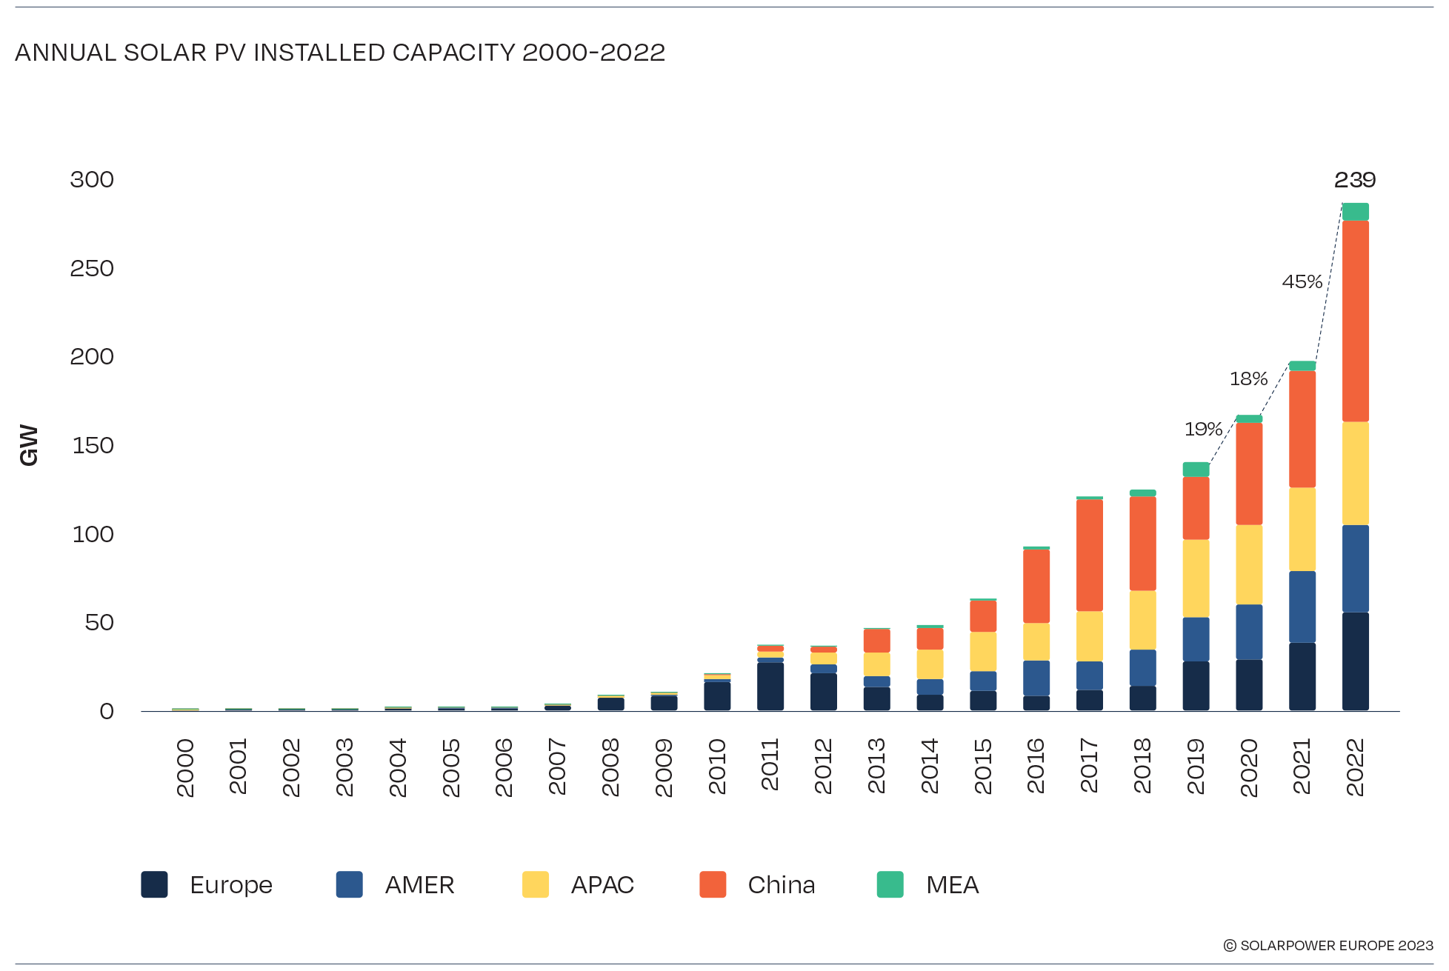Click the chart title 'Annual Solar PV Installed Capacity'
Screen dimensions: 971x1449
[339, 53]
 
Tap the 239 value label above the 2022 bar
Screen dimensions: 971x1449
[1354, 180]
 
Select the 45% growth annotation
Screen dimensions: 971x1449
[1302, 281]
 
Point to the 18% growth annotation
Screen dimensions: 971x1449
[1248, 378]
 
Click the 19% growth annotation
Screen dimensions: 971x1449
[1202, 429]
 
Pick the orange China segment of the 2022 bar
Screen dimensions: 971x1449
[1355, 321]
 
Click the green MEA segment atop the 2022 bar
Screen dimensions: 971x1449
[1355, 212]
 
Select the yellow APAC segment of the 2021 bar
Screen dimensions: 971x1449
[1302, 529]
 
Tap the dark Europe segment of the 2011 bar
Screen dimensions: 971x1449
[770, 686]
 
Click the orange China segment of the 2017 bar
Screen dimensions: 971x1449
[1089, 555]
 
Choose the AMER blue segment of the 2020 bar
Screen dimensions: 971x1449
[1249, 632]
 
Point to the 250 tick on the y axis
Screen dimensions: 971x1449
[92, 268]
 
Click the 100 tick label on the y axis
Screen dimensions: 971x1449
[93, 534]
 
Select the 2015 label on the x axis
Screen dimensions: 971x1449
[982, 766]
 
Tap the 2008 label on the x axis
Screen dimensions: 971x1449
[610, 767]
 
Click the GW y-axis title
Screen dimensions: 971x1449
[29, 445]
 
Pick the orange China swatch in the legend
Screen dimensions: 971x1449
[712, 884]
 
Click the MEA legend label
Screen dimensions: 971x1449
[952, 885]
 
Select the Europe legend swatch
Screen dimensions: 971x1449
[154, 884]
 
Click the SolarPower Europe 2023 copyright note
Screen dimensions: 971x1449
[1328, 946]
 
